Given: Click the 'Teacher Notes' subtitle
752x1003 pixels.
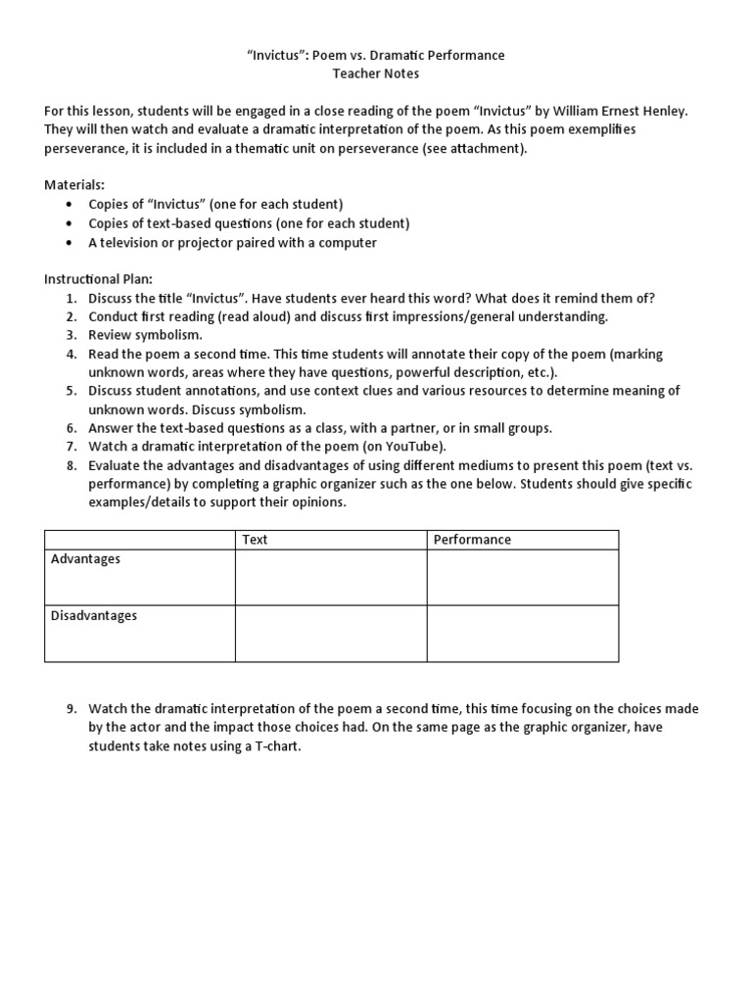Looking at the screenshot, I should click(x=375, y=73).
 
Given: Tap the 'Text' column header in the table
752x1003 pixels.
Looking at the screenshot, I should click(x=255, y=540).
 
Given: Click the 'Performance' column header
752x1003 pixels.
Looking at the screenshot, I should click(x=473, y=540).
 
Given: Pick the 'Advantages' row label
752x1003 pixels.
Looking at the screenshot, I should click(x=85, y=559).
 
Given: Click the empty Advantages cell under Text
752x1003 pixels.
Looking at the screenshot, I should click(x=331, y=577).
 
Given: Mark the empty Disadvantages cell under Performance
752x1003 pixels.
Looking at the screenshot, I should click(x=522, y=634).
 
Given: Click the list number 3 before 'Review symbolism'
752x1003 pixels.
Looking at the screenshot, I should click(x=71, y=335).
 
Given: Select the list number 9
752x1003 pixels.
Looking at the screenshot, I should click(x=71, y=709).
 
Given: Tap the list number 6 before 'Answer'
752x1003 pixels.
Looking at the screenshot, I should click(x=71, y=428).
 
